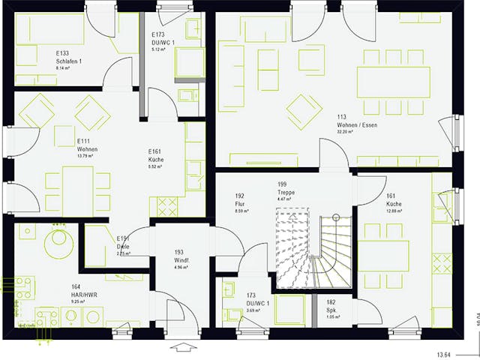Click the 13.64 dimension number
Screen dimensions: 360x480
(x=445, y=354)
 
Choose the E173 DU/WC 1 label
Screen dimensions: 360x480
(x=163, y=39)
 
